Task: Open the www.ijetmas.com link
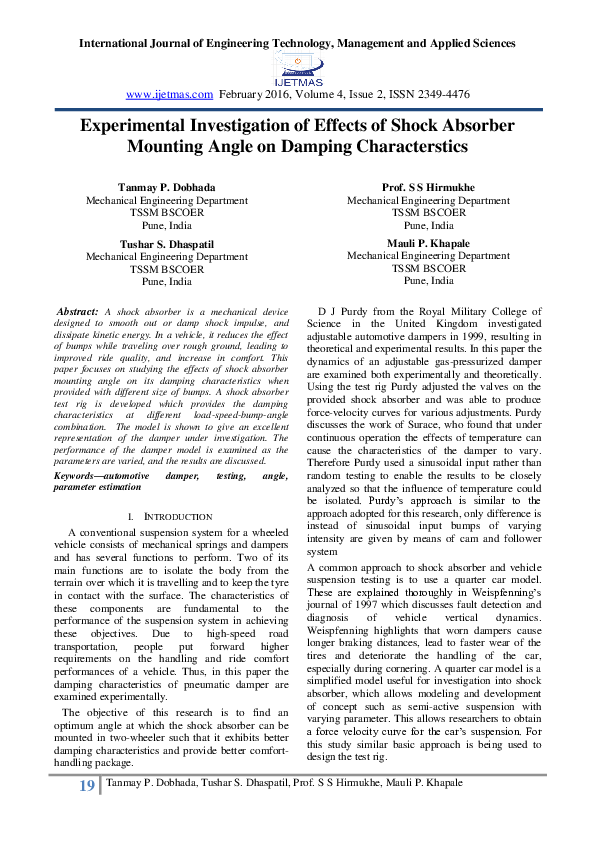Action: tap(170, 94)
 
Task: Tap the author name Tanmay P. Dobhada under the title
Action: tap(166, 188)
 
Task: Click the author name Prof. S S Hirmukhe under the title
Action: tap(428, 188)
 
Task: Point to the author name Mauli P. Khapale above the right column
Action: tap(428, 244)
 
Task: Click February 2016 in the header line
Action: tap(259, 94)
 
